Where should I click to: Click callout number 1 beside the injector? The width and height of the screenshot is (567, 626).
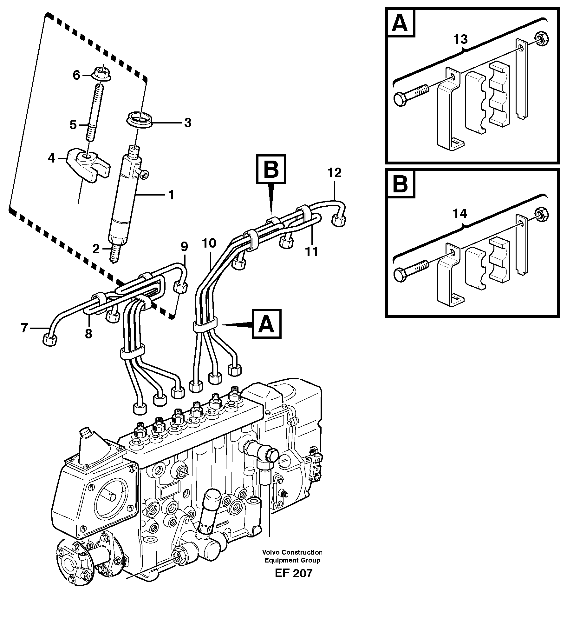pyautogui.click(x=171, y=195)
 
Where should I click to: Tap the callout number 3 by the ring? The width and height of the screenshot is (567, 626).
pyautogui.click(x=188, y=123)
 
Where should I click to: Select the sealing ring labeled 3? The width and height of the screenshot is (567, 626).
pyautogui.click(x=140, y=120)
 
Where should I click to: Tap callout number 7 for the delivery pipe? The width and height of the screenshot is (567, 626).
pyautogui.click(x=24, y=328)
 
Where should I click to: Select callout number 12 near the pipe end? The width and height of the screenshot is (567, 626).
pyautogui.click(x=335, y=173)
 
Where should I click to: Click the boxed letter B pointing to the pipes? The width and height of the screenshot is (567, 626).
pyautogui.click(x=271, y=169)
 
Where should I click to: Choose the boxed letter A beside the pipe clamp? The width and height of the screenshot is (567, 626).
pyautogui.click(x=266, y=324)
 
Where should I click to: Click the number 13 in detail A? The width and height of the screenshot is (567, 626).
pyautogui.click(x=460, y=40)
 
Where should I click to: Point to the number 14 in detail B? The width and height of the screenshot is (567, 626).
pyautogui.click(x=460, y=214)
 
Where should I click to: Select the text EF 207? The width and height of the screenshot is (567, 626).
pyautogui.click(x=293, y=573)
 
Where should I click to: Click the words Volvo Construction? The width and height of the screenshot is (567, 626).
pyautogui.click(x=292, y=552)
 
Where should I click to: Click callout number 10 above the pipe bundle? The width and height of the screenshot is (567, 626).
pyautogui.click(x=209, y=243)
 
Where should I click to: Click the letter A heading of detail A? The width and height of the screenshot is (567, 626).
pyautogui.click(x=400, y=23)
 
